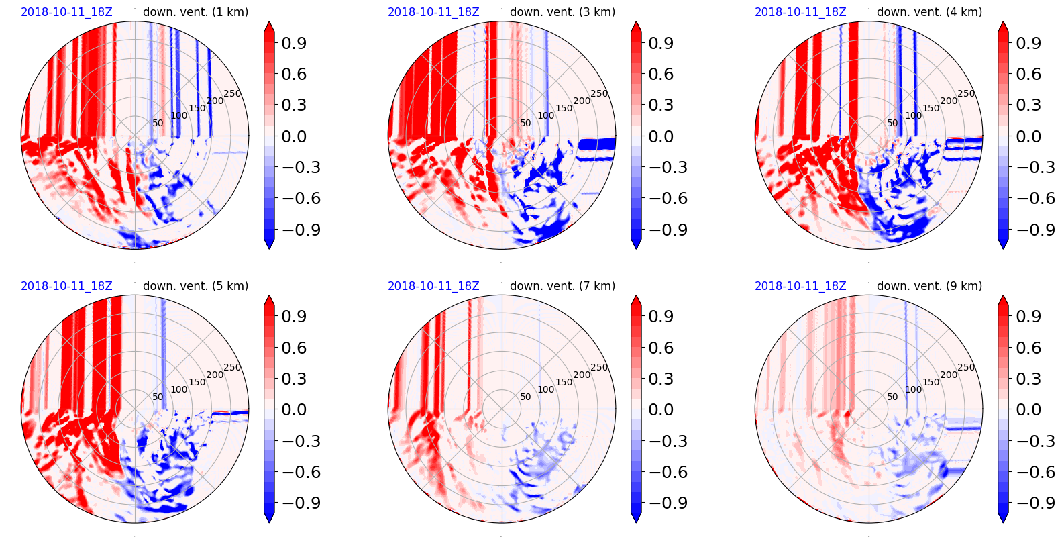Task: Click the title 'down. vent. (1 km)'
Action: click(195, 12)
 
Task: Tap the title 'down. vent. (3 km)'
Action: click(562, 12)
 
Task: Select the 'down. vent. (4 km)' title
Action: click(929, 12)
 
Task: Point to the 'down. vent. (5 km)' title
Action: click(195, 286)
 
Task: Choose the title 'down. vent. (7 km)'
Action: click(562, 286)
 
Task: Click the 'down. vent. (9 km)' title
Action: click(929, 286)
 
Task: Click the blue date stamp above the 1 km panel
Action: click(66, 12)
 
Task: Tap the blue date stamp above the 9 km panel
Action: click(800, 286)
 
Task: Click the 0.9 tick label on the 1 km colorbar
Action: click(294, 43)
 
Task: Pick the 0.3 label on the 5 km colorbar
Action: click(294, 379)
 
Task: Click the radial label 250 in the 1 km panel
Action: click(232, 94)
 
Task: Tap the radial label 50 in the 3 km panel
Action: click(525, 123)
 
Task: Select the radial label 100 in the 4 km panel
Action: click(913, 115)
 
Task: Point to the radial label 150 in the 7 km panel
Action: click(564, 382)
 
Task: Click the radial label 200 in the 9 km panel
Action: click(949, 375)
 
